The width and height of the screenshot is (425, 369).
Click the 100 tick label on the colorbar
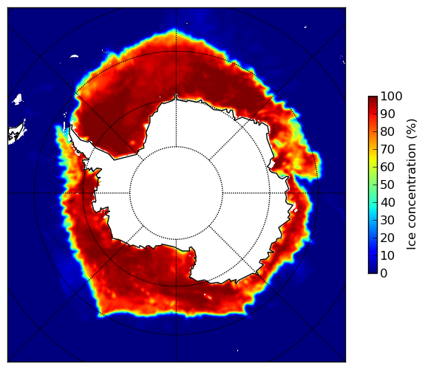tap(391, 96)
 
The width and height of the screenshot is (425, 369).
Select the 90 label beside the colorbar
tap(387, 114)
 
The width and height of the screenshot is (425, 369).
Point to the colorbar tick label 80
tap(387, 132)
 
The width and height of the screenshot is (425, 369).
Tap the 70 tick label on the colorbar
tap(387, 149)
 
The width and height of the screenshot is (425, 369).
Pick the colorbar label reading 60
tap(387, 167)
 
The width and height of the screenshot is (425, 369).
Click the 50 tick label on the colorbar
tap(387, 185)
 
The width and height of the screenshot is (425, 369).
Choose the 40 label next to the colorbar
tap(387, 202)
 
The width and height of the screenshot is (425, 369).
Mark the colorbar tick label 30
tap(387, 221)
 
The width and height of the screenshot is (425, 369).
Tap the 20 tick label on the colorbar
tap(387, 238)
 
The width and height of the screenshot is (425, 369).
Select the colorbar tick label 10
tap(387, 255)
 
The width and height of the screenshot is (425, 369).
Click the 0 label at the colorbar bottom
tap(384, 274)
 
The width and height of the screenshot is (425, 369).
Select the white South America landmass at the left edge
tap(16, 134)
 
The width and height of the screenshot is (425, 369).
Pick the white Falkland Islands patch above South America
tap(18, 100)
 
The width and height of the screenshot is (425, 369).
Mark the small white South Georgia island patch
tap(74, 56)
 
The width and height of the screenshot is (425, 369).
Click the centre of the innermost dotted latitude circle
tap(176, 193)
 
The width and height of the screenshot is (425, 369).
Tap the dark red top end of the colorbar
tap(373, 97)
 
